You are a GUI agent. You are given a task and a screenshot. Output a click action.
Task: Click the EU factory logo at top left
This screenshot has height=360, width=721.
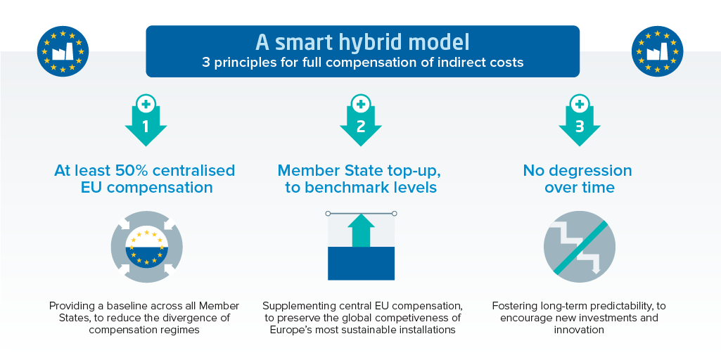tap(63, 51)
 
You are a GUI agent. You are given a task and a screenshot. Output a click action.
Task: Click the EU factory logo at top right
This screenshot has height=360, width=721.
tap(657, 51)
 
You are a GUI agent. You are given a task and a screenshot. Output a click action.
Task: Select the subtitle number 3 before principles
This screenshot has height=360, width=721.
tap(206, 62)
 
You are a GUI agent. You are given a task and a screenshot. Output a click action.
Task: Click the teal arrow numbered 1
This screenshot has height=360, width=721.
tap(146, 125)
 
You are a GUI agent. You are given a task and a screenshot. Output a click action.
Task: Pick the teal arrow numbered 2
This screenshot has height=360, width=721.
tap(360, 125)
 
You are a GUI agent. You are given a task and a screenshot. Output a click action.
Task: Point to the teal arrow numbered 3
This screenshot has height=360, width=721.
tap(580, 125)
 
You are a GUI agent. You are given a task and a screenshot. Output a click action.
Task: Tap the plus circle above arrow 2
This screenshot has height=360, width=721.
tap(360, 104)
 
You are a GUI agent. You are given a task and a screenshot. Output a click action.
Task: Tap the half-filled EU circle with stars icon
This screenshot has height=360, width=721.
tap(147, 247)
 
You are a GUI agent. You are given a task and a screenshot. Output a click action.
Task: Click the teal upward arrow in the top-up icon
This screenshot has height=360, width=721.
tap(361, 231)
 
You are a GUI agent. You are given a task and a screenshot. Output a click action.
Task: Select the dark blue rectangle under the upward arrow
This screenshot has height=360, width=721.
tap(361, 264)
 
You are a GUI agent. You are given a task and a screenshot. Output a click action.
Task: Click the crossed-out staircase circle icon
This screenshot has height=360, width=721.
tap(580, 247)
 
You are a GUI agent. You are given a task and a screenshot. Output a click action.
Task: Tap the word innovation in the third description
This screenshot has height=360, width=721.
tap(579, 330)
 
